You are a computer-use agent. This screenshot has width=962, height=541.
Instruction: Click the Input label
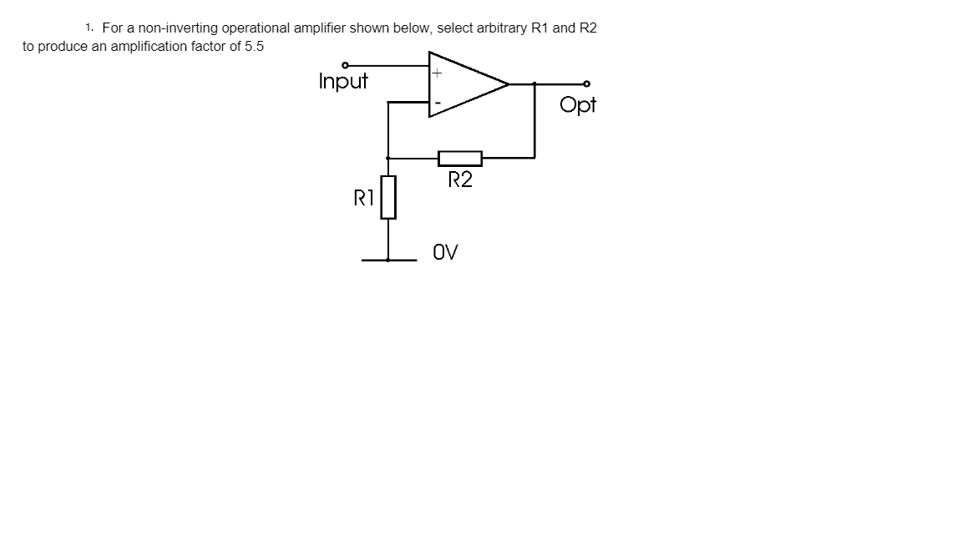[x=343, y=82]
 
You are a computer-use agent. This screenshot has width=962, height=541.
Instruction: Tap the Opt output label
[x=578, y=104]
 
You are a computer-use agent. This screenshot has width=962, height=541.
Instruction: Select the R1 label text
[x=363, y=198]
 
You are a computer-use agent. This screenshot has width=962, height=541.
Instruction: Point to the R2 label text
[x=460, y=179]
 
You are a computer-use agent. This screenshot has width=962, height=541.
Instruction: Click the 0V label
[x=445, y=251]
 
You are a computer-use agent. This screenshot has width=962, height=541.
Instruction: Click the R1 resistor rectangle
[x=388, y=197]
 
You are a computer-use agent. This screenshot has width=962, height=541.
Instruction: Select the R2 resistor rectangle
[x=460, y=158]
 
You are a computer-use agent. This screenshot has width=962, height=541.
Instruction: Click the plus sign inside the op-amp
[x=436, y=73]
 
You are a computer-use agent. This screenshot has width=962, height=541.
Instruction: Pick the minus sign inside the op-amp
[x=436, y=104]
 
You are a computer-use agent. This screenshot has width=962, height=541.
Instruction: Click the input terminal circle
[x=345, y=65]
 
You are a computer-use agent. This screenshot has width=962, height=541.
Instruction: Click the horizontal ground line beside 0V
[x=389, y=260]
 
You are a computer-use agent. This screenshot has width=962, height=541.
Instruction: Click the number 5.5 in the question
[x=254, y=47]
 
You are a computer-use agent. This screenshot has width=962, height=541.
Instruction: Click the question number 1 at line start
[x=89, y=28]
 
